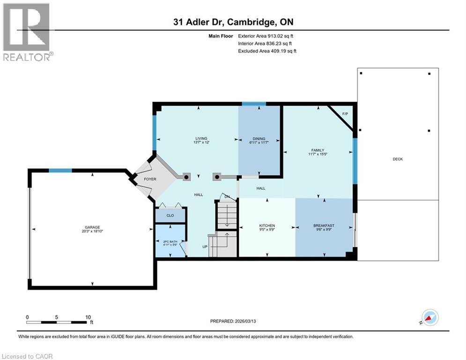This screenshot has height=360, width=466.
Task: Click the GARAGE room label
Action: coord(92,227)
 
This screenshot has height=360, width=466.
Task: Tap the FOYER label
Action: coord(150,179)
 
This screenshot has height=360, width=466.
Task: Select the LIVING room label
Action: coord(201,139)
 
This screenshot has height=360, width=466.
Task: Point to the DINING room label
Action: coord(259,139)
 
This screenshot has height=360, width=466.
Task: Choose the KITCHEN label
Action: coord(267,225)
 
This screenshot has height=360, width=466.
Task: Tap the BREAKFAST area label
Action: coord(324,225)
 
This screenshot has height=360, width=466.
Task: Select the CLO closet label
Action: coord(170,215)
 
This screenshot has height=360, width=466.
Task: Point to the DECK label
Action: coord(398,159)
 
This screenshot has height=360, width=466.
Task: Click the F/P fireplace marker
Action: coord(345,114)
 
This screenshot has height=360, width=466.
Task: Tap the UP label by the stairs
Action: coord(205,247)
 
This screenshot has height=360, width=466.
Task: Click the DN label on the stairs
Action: coord(227,196)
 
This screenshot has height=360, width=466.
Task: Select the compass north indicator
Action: coord(429,317)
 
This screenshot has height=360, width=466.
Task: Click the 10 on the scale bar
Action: coord(88,317)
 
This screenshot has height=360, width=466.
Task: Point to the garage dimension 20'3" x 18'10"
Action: coord(92,231)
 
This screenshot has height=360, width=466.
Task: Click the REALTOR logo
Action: coord(27,32)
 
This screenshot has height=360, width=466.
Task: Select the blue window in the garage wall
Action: coord(60,170)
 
